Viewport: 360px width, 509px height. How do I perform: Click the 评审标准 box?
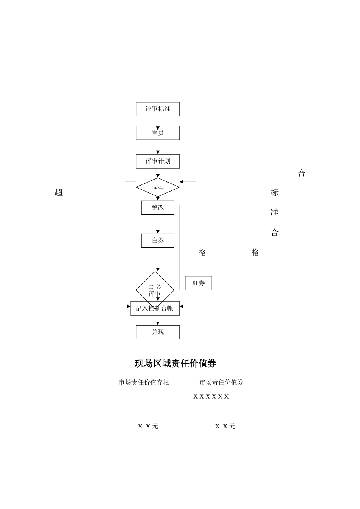(158, 109)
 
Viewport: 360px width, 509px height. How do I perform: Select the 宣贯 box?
(158, 133)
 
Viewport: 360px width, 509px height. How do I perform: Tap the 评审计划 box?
(158, 161)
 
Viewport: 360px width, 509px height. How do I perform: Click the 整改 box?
(158, 208)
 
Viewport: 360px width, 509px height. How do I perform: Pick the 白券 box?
(158, 241)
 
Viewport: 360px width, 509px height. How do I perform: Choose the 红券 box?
(199, 283)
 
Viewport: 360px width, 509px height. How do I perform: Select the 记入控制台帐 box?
(155, 309)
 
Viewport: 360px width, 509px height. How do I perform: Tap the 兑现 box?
(158, 332)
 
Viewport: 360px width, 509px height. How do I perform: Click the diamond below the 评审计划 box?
(158, 187)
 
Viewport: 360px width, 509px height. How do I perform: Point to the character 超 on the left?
(58, 192)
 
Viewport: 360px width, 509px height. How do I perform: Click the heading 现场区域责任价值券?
(175, 364)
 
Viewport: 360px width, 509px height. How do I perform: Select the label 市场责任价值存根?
(144, 383)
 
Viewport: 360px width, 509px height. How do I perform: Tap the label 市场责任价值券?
(221, 383)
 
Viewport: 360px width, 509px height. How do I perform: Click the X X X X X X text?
(211, 397)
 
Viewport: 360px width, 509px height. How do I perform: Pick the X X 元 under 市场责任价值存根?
(148, 426)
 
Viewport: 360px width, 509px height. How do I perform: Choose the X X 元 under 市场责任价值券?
(225, 426)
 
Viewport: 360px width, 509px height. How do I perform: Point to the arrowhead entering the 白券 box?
(158, 232)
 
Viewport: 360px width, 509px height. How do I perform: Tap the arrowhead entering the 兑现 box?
(158, 323)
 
